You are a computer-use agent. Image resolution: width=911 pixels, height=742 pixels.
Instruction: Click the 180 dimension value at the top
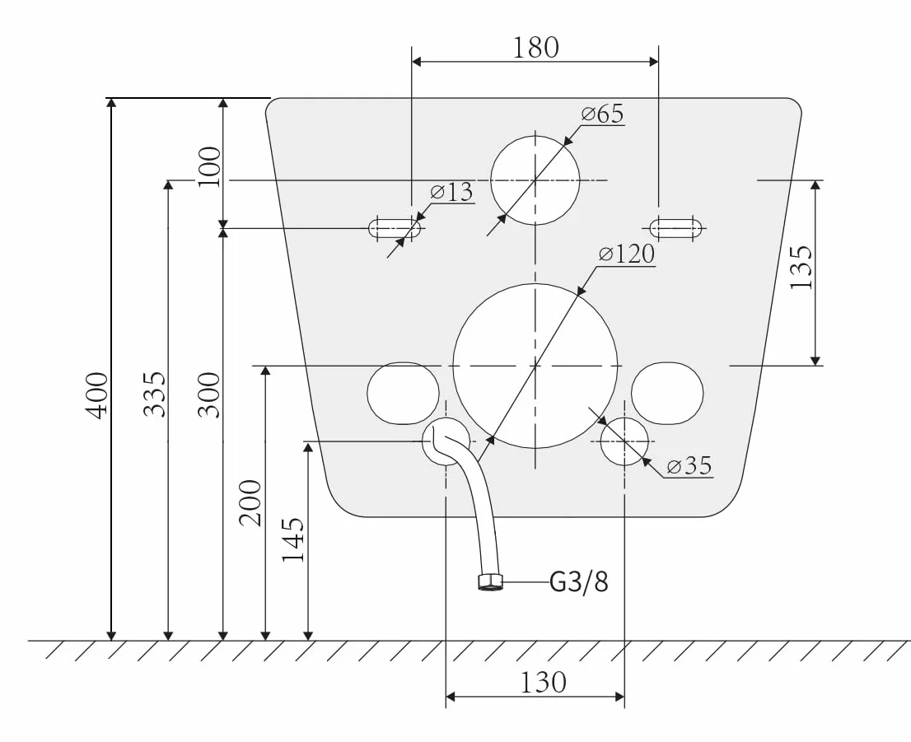click(x=535, y=48)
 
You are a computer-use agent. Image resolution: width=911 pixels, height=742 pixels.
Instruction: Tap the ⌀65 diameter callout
click(x=603, y=114)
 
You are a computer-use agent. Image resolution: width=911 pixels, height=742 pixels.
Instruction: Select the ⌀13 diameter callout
click(x=452, y=192)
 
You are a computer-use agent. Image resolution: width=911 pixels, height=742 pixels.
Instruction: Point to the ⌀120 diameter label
click(x=627, y=254)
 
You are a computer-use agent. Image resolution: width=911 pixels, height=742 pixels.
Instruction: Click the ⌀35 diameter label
click(x=689, y=465)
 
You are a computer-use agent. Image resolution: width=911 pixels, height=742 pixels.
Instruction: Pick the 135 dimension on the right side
click(x=801, y=268)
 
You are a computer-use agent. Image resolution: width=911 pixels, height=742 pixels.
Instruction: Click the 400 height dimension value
click(x=96, y=395)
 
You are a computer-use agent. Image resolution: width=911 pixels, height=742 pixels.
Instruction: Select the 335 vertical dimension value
click(x=155, y=395)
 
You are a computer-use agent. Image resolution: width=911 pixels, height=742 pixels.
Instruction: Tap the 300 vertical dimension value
click(x=209, y=395)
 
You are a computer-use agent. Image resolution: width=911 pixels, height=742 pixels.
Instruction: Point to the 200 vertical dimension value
click(x=251, y=503)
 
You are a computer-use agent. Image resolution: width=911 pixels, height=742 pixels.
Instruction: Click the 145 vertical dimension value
click(x=293, y=539)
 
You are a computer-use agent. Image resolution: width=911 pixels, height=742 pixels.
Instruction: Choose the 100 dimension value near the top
click(x=209, y=166)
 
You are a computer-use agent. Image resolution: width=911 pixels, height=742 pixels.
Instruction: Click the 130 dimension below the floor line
click(x=543, y=682)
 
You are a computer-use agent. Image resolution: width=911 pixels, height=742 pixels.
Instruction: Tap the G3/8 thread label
click(x=579, y=581)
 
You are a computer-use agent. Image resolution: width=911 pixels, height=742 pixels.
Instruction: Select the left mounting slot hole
click(x=395, y=228)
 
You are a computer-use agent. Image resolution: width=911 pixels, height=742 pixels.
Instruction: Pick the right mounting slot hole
click(x=675, y=228)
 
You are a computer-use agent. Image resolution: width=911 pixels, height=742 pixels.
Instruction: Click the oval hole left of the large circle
click(x=404, y=394)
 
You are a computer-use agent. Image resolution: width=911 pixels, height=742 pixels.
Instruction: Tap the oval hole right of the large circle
click(x=667, y=394)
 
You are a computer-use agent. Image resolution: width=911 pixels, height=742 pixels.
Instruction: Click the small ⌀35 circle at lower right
click(x=624, y=441)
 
